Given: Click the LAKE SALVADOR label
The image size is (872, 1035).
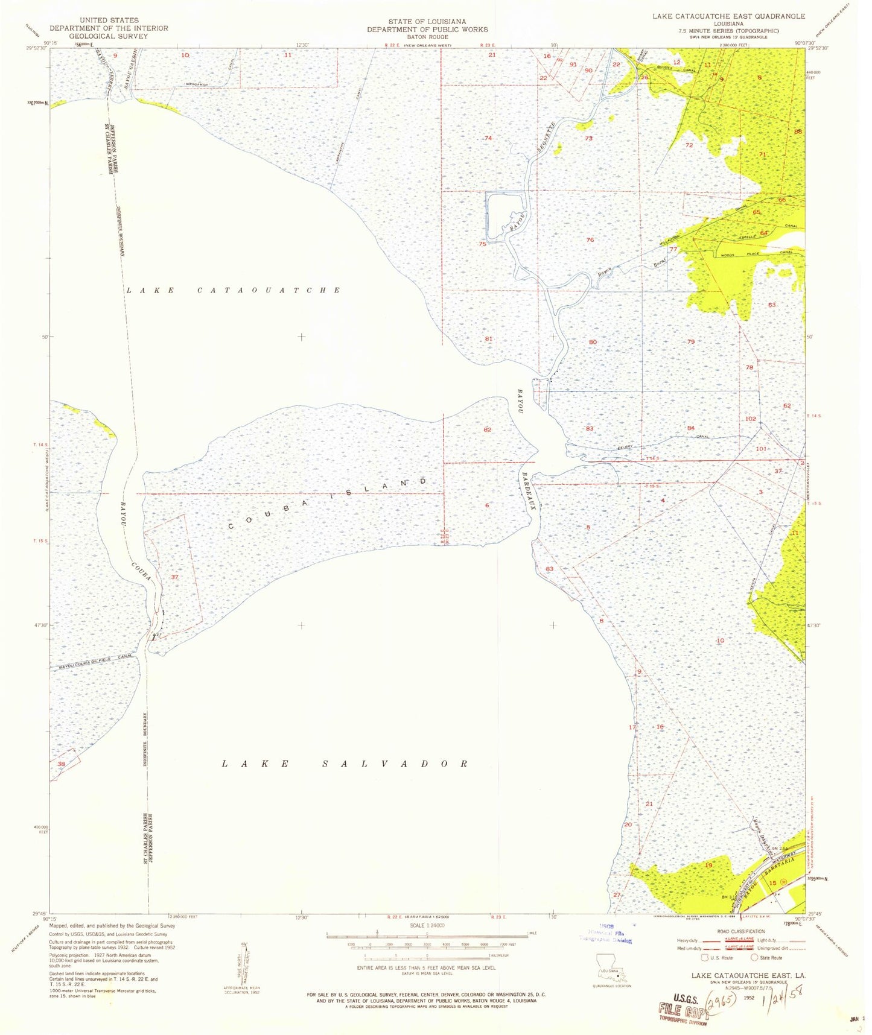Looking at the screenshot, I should (x=345, y=764).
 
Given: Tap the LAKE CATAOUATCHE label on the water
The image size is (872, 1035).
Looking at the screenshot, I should (x=233, y=290).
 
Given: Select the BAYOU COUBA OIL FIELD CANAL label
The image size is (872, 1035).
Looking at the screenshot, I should (x=95, y=662).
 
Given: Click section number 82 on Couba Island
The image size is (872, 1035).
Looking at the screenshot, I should (x=488, y=429).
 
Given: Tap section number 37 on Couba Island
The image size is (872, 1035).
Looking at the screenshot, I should (x=175, y=577).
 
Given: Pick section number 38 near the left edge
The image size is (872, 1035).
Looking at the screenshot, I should (x=61, y=764).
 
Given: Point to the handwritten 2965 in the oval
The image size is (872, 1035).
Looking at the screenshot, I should (x=721, y=998).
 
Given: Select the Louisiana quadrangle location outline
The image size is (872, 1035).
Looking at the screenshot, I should (x=607, y=964).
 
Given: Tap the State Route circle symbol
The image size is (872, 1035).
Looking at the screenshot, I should (x=754, y=957).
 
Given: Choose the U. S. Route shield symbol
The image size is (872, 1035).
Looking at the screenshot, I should (x=704, y=957).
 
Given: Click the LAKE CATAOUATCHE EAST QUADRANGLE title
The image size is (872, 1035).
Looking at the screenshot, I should (x=728, y=16).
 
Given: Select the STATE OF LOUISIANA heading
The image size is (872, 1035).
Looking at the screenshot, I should (x=427, y=21).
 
